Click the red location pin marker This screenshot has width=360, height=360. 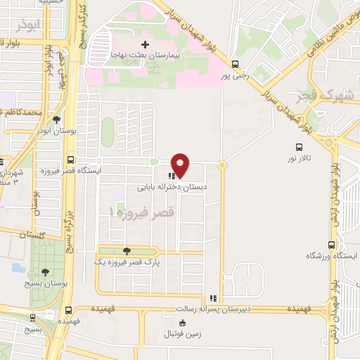coord(181,165)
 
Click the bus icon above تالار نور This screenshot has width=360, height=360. coord(299,148)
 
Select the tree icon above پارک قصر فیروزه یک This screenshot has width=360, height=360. coord(127,251)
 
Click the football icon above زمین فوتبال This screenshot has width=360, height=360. coord(183,323)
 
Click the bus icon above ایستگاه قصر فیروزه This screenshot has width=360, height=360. coord(70,159)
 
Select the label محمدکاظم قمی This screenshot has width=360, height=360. coord(22,112)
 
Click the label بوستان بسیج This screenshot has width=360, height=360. coord(44,284)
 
